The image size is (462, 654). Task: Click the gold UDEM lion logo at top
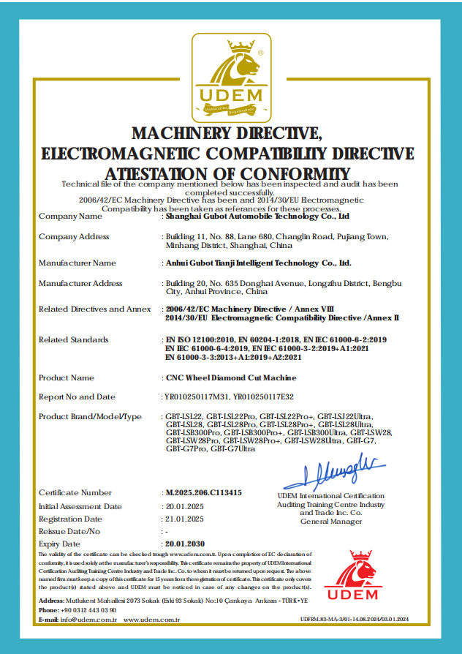(x=231, y=76)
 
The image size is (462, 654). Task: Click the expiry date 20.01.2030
(x=186, y=544)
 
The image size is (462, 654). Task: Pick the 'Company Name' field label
(x=70, y=217)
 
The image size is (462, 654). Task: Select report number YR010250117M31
(x=197, y=397)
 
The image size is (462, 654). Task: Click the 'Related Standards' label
(x=73, y=339)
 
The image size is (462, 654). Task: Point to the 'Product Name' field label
(x=67, y=377)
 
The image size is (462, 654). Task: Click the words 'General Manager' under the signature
(x=331, y=521)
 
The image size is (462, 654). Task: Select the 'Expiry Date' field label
(x=59, y=544)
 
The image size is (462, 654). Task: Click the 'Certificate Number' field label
(x=75, y=493)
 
